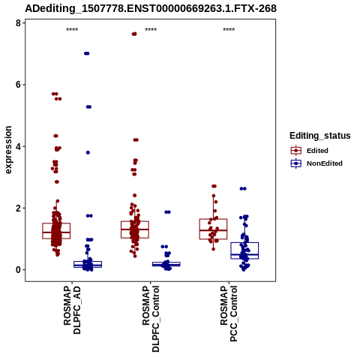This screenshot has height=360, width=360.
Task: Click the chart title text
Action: coord(151,9)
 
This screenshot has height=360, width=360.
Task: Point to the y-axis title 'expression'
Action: coord(8,150)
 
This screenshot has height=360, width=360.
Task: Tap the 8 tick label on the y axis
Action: coord(18,23)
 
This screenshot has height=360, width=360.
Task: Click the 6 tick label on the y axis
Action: coord(18,85)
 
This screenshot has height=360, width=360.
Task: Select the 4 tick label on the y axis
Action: coord(18,146)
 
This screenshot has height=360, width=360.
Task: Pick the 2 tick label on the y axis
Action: coord(18,208)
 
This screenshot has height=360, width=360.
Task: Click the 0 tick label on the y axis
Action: coord(18,270)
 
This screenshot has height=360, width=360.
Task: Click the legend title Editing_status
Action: coord(320,136)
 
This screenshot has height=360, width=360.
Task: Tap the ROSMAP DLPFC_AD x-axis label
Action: coord(72,310)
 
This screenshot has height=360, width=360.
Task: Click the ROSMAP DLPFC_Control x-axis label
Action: coord(151,319)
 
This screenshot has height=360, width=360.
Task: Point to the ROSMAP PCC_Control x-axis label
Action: coord(229,314)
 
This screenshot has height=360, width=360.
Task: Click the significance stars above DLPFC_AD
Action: coord(72,30)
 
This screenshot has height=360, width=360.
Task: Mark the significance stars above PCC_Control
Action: coord(229,30)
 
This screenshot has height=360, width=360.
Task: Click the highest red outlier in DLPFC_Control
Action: coord(134,34)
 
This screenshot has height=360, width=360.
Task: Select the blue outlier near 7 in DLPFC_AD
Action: coord(87,53)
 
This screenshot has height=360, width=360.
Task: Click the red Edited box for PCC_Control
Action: coord(213,229)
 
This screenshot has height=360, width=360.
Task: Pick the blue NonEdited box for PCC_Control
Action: coord(244,250)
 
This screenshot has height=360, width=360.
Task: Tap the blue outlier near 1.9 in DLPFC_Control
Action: coord(167,212)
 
